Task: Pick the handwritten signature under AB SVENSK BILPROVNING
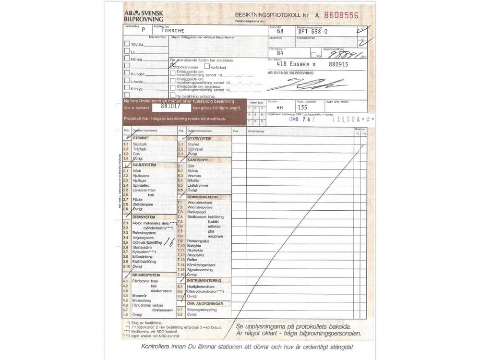[x=307, y=85]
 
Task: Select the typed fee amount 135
[x=302, y=108]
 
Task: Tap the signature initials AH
[x=280, y=108]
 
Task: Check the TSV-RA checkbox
[x=127, y=43]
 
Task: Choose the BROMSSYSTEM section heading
[x=146, y=275]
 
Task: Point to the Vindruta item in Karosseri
[x=195, y=175]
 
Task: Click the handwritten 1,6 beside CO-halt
[x=168, y=242]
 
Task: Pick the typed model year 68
[x=287, y=31]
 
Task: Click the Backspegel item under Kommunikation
[x=196, y=212]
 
